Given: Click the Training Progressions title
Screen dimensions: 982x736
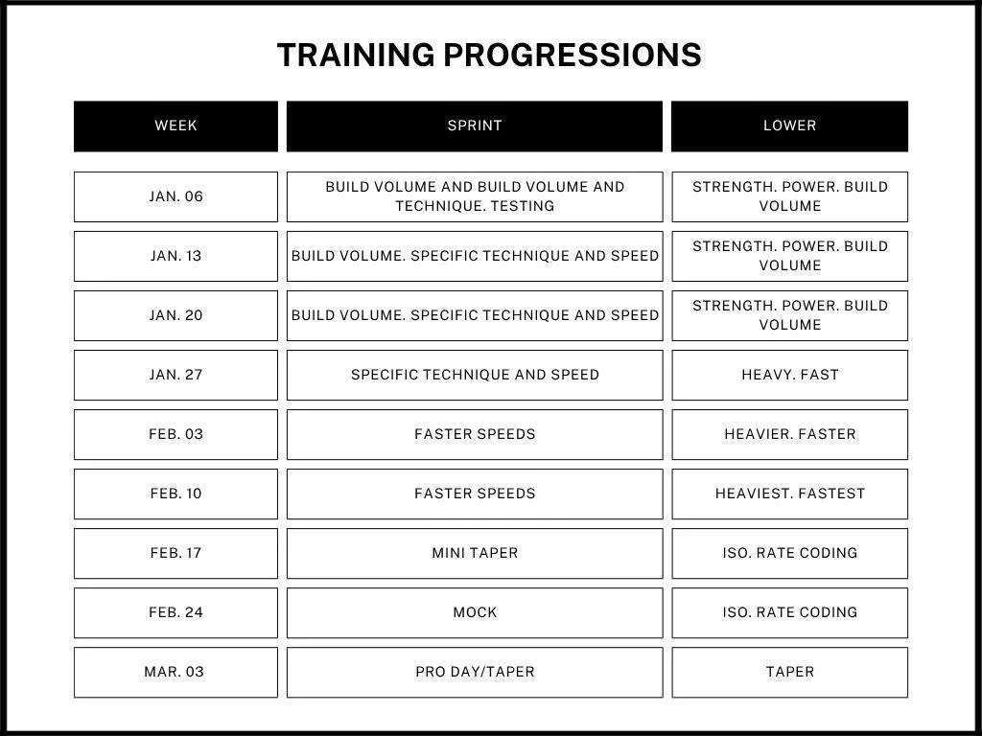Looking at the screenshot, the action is [489, 55].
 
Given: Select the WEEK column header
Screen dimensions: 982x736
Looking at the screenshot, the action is [175, 126].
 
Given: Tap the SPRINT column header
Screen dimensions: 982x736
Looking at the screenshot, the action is [474, 126].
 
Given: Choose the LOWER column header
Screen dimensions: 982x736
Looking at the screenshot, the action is [789, 126].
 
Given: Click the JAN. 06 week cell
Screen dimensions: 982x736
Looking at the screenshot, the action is [175, 196].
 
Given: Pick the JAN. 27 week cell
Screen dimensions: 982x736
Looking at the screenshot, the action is [175, 375].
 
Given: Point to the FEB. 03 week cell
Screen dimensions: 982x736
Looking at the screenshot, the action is [175, 434].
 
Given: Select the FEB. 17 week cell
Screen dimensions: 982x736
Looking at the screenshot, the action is [175, 553].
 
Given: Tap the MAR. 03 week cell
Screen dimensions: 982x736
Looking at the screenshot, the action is [175, 672].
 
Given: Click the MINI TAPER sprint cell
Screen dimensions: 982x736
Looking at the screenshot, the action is [474, 553].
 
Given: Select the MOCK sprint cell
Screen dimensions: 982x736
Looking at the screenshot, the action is [474, 612].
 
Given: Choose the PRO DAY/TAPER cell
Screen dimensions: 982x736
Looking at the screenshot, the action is [474, 672].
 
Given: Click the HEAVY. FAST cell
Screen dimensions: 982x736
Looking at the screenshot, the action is [789, 375].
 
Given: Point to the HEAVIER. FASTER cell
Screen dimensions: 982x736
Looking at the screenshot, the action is [789, 434].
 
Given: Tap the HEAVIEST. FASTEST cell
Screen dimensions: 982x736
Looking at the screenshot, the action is [789, 494].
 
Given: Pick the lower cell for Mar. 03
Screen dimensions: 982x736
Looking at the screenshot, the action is [789, 672].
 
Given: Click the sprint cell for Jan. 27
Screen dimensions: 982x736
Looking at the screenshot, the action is [474, 375].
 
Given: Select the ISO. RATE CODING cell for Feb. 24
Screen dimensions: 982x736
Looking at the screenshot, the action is [789, 612].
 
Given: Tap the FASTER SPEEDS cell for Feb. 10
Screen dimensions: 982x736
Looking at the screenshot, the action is [474, 494].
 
